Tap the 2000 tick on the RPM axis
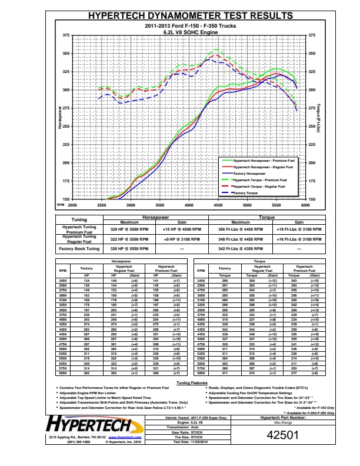(x=72, y=205)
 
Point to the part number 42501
(x=283, y=435)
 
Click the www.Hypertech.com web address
(x=124, y=438)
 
